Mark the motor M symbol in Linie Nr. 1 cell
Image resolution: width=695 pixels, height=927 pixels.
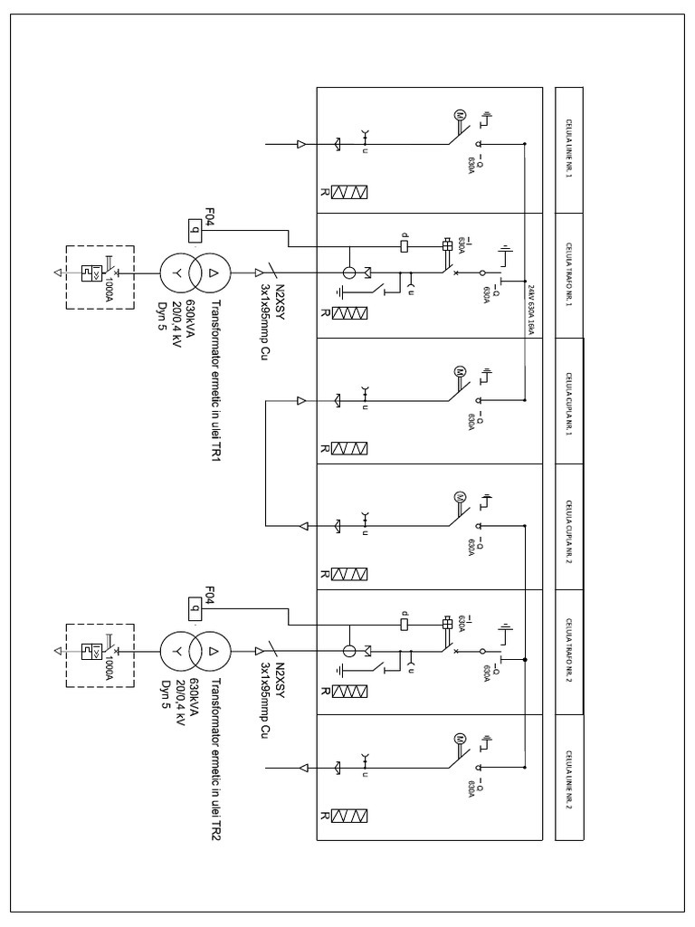pyautogui.click(x=459, y=116)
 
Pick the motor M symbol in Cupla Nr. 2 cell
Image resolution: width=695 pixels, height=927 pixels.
pyautogui.click(x=459, y=496)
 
